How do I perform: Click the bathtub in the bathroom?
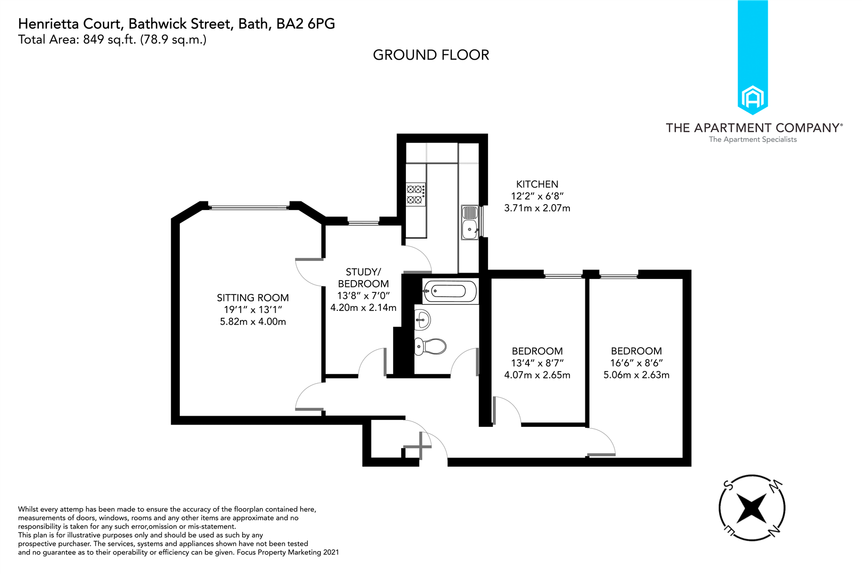[451, 291]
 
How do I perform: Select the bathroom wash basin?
[422, 319]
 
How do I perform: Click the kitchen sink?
[470, 223]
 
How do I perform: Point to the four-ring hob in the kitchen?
[416, 194]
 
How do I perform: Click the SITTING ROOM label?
[253, 298]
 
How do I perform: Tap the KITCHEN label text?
[537, 184]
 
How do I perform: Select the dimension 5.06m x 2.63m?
[636, 375]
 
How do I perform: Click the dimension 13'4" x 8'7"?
[537, 363]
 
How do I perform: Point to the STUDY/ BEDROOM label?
[363, 278]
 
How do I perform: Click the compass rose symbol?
[751, 508]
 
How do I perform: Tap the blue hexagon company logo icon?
[752, 98]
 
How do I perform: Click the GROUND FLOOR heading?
[430, 55]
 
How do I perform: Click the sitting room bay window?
[248, 207]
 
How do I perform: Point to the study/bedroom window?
[363, 223]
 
